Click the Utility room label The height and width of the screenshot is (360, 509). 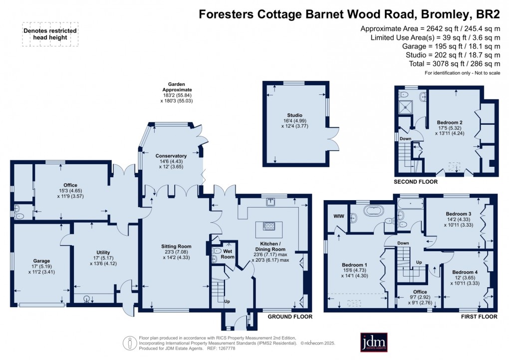tap(103, 252)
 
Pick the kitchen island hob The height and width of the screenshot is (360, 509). tap(269, 226)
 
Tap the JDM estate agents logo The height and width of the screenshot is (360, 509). tap(374, 343)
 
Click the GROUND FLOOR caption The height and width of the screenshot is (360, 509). tap(290, 317)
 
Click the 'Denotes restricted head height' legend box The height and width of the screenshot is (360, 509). tap(50, 34)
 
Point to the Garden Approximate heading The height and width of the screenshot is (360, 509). tap(180, 87)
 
